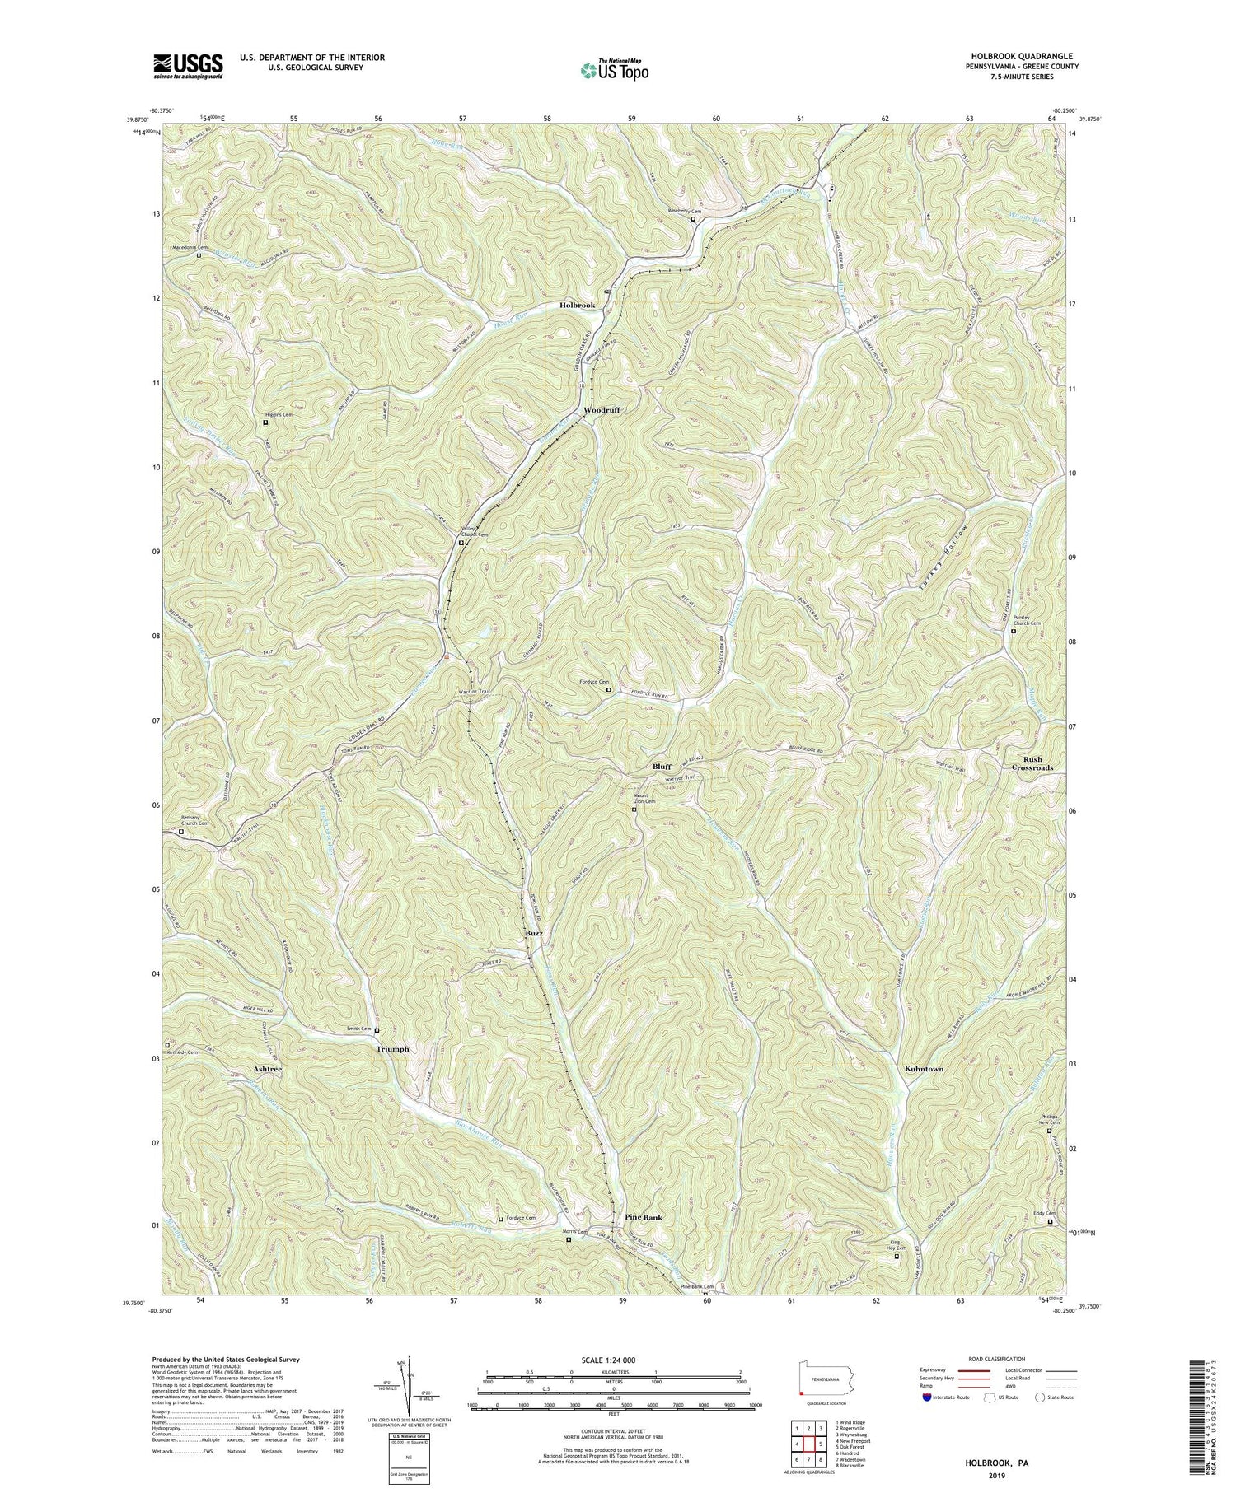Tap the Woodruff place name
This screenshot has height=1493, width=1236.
coord(601,409)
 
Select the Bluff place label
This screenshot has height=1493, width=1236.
coord(662,766)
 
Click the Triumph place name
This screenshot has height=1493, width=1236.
coord(392,1049)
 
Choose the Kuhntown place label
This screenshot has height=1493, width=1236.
coord(924,1069)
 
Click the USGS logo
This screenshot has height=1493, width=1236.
coord(187,65)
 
